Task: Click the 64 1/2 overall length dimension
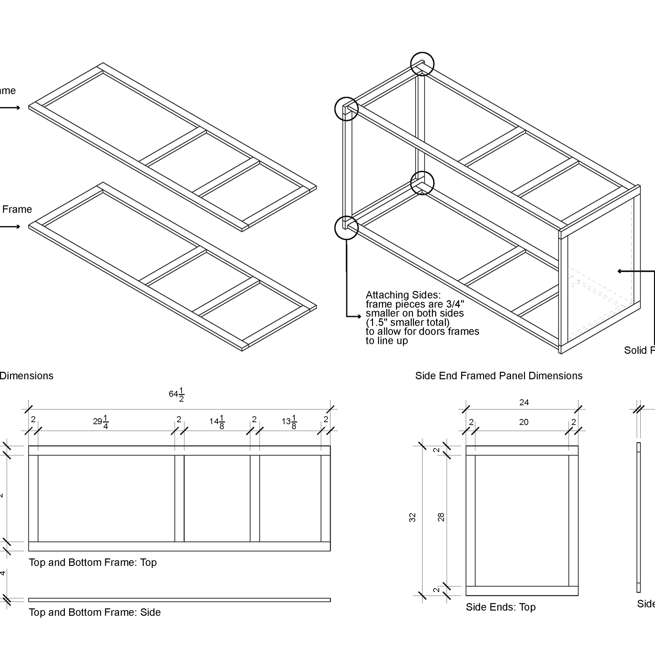click(x=177, y=395)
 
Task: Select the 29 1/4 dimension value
click(x=101, y=422)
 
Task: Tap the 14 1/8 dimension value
click(x=217, y=422)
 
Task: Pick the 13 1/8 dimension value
click(x=289, y=422)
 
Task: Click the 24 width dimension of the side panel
click(x=524, y=402)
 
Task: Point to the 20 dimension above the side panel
click(x=523, y=422)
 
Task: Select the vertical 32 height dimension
click(x=412, y=517)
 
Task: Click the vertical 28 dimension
click(x=441, y=517)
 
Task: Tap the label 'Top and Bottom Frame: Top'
click(x=93, y=562)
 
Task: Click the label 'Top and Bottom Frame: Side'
click(x=95, y=612)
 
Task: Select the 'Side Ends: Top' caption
click(x=500, y=607)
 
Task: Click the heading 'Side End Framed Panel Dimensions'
click(x=499, y=376)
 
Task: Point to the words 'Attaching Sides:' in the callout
click(x=403, y=295)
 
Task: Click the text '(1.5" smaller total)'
click(x=407, y=322)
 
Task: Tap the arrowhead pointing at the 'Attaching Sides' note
click(x=359, y=317)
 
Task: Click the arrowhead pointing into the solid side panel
click(x=619, y=271)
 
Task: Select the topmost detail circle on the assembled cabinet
click(x=422, y=64)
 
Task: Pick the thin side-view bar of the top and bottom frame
click(x=179, y=600)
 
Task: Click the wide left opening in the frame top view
click(x=106, y=498)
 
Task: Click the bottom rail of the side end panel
click(x=522, y=590)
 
